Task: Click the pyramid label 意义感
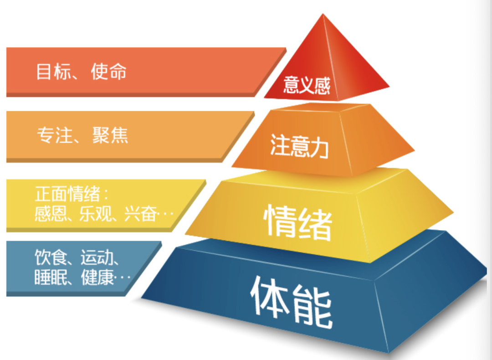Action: (x=307, y=85)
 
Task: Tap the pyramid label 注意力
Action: (x=299, y=145)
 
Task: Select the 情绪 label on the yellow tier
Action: (x=297, y=222)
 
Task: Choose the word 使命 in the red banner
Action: (x=108, y=72)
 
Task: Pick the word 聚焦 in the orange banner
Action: (x=111, y=136)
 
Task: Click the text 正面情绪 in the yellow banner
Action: (x=67, y=195)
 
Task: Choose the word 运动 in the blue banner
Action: (x=95, y=258)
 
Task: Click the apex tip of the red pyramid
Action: (x=323, y=15)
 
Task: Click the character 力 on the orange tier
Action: (x=319, y=147)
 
